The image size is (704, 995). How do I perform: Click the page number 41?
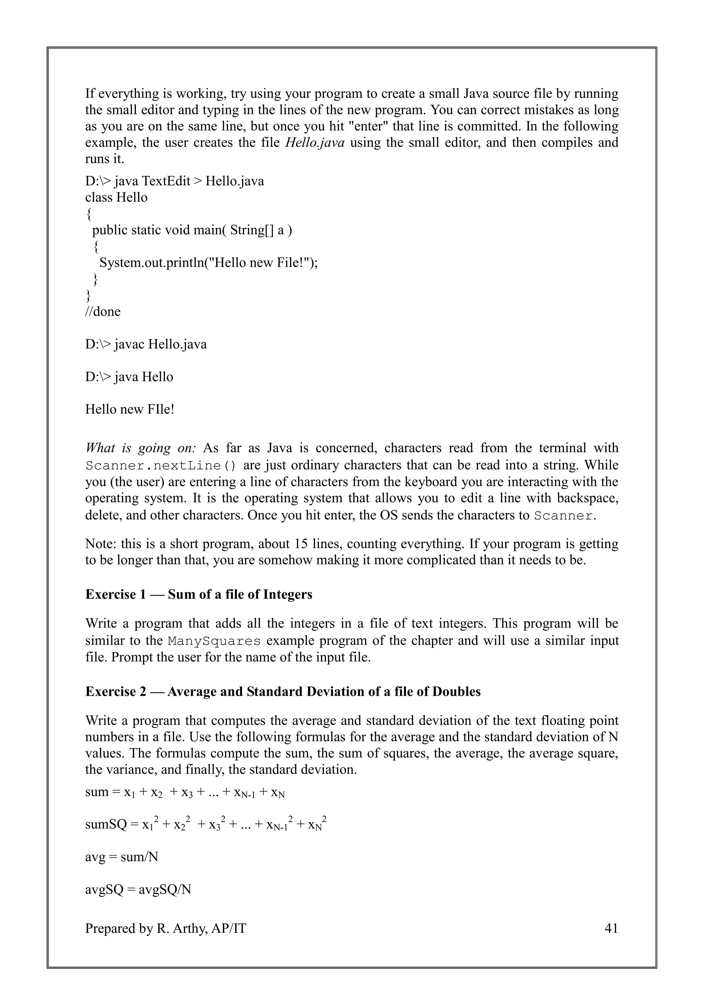pos(611,928)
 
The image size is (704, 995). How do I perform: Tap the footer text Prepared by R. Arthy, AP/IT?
pos(166,928)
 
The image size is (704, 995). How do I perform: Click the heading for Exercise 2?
pos(283,691)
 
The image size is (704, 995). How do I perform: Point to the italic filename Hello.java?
pos(314,143)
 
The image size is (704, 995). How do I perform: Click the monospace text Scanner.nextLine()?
pos(161,466)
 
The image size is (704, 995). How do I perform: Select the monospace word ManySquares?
pos(214,641)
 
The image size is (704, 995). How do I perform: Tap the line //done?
pos(103,312)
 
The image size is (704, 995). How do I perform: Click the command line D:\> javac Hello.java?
pos(146,345)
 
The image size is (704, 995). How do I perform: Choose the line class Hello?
pos(116,198)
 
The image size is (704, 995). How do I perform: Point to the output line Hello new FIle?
pos(130,410)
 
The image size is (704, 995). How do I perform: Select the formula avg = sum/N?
pos(121,857)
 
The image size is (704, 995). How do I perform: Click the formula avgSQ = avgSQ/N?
pos(138,890)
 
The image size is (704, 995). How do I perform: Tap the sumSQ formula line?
pos(206,824)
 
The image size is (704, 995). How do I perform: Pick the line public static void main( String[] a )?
pos(192,230)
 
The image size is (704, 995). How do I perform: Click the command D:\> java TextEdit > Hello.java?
pos(174,181)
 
